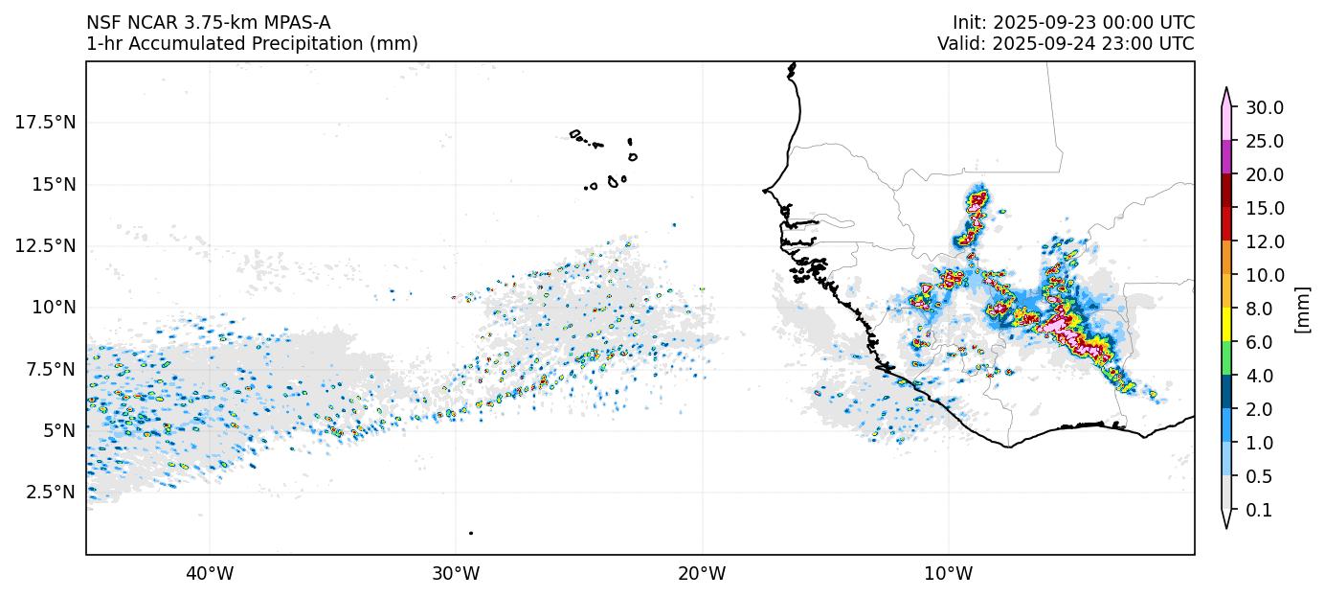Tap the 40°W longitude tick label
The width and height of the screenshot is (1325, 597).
pos(209,574)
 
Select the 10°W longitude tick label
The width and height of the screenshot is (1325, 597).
pos(949,574)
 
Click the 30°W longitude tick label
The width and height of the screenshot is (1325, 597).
pos(456,574)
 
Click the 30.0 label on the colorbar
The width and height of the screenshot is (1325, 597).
pos(1264,107)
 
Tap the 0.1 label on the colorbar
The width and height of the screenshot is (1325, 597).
pos(1259,511)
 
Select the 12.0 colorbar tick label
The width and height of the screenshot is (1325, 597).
pos(1264,241)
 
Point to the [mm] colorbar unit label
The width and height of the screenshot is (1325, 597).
pos(1302,309)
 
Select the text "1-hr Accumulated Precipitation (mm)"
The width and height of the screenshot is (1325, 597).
pos(252,44)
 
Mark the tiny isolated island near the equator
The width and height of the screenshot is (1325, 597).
pos(471,533)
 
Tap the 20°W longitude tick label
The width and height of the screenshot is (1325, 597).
pos(702,574)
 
